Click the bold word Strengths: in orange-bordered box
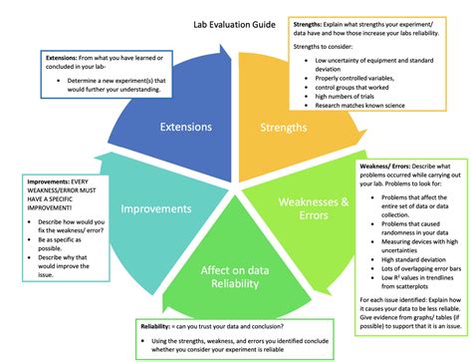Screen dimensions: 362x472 312,21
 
